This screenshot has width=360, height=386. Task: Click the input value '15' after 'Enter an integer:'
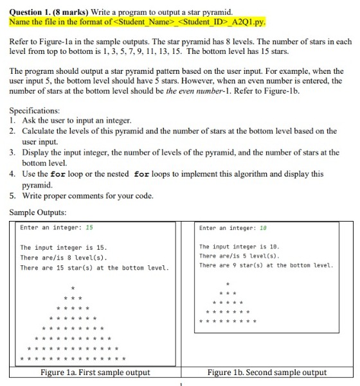point(89,227)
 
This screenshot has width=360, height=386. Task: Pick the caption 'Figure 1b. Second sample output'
point(267,373)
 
